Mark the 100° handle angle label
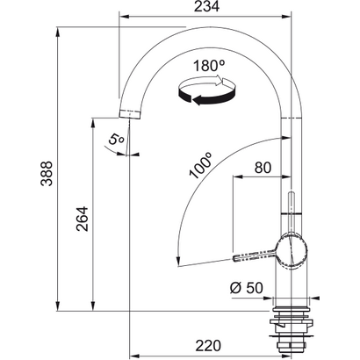click(x=201, y=168)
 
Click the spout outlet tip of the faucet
click(x=129, y=114)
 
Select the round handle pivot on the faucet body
click(x=292, y=252)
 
